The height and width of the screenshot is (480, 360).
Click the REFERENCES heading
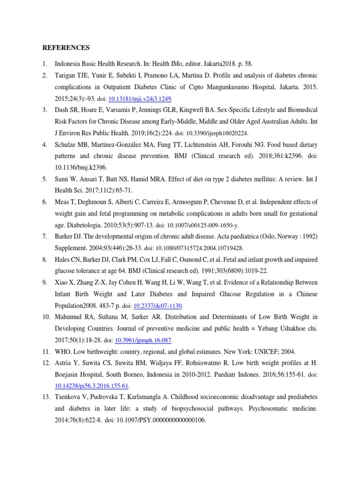(66, 48)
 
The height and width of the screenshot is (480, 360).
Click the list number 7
(44, 236)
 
